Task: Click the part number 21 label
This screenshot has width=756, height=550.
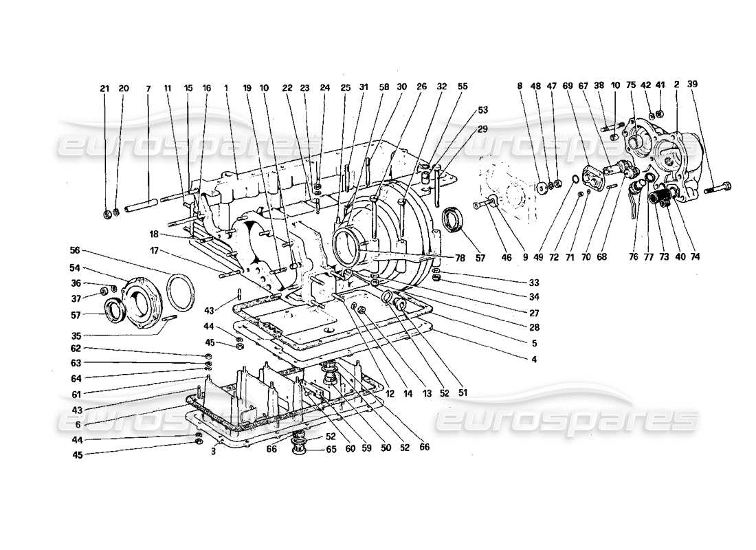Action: [104, 89]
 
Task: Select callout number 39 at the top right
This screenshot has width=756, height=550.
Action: [692, 84]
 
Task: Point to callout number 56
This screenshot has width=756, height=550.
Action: [75, 250]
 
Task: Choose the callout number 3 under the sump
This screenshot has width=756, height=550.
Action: [214, 451]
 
